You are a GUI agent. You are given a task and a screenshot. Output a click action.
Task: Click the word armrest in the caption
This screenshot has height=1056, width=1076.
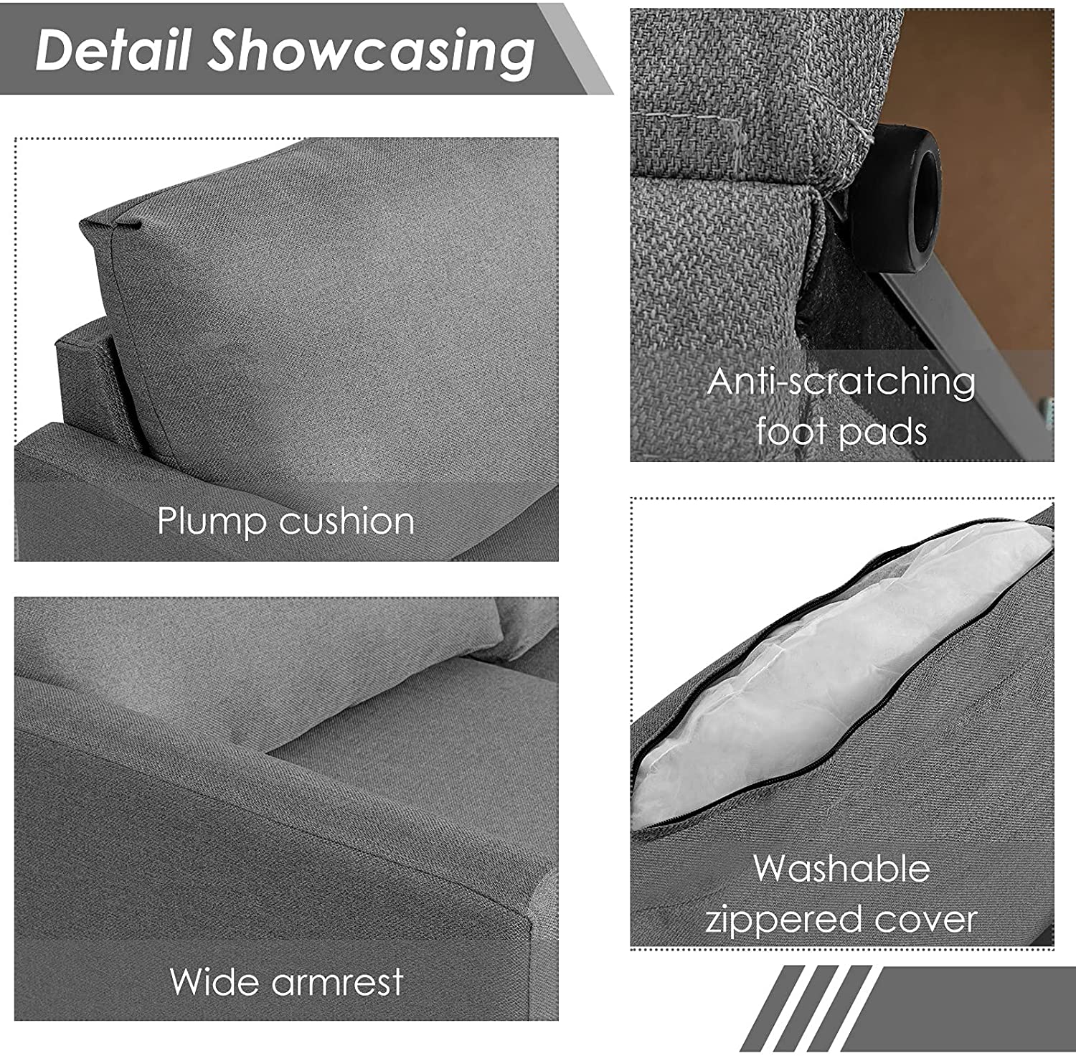[341, 981]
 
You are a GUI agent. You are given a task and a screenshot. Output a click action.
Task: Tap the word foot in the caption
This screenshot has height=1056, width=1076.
[790, 431]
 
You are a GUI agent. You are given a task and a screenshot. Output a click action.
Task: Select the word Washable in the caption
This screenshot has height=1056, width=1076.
[842, 868]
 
